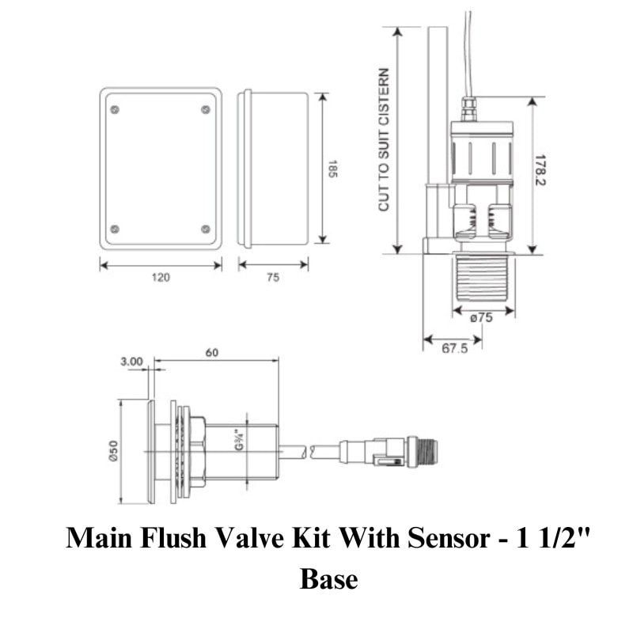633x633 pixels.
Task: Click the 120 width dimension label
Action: [161, 278]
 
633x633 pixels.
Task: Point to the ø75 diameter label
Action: [482, 319]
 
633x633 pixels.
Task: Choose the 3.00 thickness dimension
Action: [131, 362]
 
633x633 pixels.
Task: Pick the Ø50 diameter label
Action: [113, 453]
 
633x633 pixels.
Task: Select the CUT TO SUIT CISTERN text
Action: [385, 139]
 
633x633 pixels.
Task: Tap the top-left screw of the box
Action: [116, 109]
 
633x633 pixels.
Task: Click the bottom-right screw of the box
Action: [206, 229]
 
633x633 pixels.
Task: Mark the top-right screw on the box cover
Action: [206, 109]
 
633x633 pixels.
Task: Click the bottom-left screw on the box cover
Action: [116, 229]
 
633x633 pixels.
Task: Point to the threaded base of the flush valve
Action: [482, 277]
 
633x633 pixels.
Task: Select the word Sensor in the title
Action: [447, 540]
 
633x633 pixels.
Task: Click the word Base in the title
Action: [328, 579]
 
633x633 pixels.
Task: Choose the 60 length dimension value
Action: [212, 353]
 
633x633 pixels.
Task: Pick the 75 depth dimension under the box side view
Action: [272, 278]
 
